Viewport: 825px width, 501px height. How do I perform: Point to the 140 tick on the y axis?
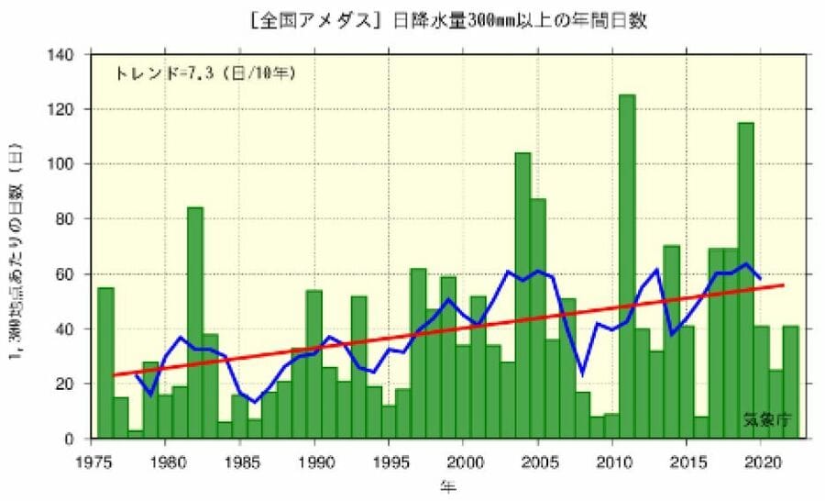[76, 54]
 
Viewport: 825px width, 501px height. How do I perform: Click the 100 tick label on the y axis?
[76, 164]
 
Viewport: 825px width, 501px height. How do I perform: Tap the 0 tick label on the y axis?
[82, 439]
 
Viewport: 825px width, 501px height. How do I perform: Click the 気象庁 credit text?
[766, 421]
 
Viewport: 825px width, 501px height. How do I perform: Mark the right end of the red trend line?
[784, 285]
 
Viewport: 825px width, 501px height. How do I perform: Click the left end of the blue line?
[136, 374]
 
